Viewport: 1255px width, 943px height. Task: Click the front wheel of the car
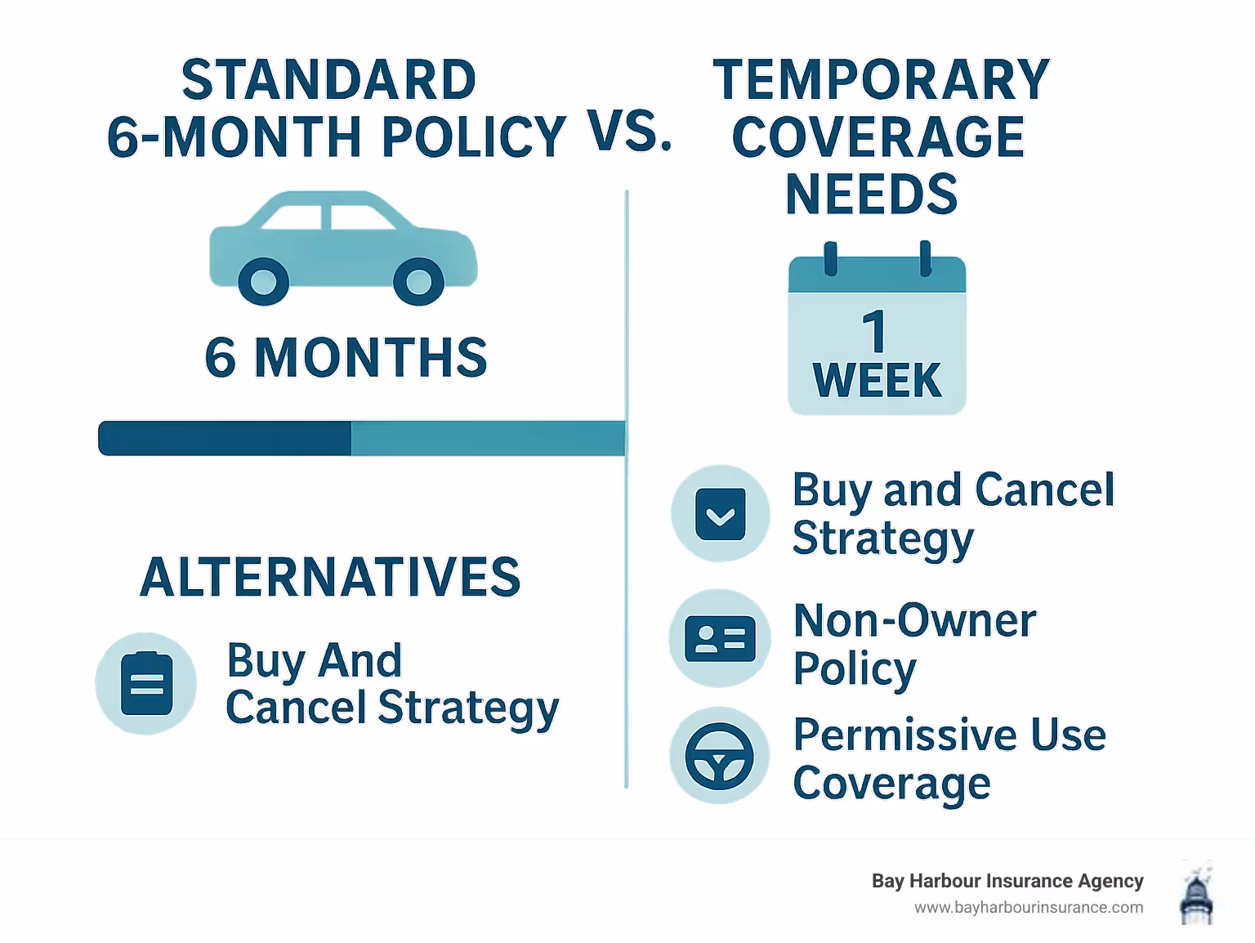click(418, 282)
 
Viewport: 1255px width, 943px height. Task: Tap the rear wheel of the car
click(263, 282)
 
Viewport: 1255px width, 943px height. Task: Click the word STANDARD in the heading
click(328, 80)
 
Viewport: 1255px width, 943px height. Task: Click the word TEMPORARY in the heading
click(881, 80)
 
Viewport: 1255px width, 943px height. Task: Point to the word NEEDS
click(871, 194)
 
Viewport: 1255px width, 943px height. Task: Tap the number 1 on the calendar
click(874, 332)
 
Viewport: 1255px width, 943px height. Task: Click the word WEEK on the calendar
click(877, 381)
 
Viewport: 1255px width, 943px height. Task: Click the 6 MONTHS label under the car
click(346, 358)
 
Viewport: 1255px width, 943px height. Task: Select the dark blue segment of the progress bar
click(225, 439)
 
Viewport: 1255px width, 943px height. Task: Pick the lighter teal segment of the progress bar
click(488, 439)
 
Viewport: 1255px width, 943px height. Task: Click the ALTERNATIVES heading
click(330, 577)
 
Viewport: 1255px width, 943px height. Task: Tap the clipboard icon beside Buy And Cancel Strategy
click(147, 683)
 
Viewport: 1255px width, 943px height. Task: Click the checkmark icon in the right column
click(720, 514)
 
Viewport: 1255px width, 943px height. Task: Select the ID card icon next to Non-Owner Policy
click(720, 638)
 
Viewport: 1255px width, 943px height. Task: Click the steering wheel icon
click(719, 756)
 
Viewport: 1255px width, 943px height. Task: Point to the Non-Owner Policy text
click(913, 644)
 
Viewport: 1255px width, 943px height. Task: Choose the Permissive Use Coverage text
click(948, 758)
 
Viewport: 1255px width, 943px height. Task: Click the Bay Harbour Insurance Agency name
click(1007, 881)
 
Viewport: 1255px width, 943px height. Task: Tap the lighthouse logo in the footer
click(1196, 894)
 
